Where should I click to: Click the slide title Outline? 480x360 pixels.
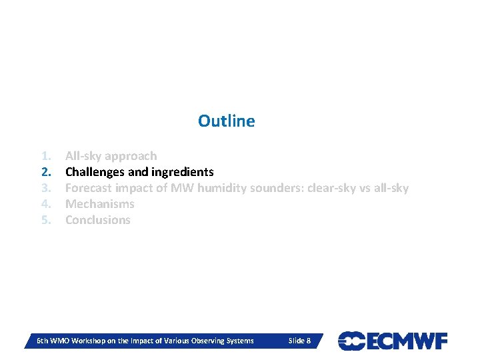226,121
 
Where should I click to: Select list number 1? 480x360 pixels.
46,156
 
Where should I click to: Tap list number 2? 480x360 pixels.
46,172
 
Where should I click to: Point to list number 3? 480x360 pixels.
46,188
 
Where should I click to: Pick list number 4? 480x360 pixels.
46,204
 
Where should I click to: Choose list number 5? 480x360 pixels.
46,220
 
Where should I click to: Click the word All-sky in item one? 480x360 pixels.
84,156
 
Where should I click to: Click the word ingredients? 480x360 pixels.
185,172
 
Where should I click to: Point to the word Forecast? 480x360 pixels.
89,188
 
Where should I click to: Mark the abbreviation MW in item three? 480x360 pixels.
182,188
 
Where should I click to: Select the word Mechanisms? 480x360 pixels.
100,204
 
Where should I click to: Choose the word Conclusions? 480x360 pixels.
98,220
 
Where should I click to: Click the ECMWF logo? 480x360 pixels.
393,341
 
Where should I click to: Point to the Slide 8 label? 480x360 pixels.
299,341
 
